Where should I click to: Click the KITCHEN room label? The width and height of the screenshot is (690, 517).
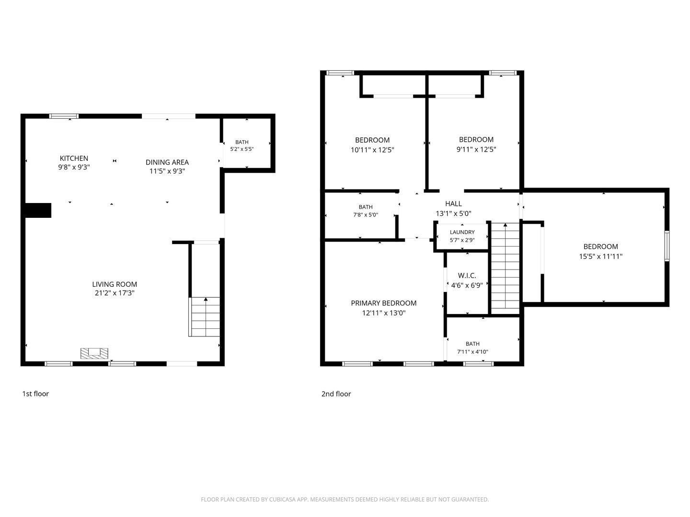coord(74,158)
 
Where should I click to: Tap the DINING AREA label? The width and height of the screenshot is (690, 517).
coord(167,162)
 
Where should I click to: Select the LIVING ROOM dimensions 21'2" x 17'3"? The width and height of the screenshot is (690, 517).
coord(115,293)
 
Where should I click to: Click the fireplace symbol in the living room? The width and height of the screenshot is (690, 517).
coord(94,353)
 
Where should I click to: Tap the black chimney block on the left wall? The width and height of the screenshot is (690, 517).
coord(38,210)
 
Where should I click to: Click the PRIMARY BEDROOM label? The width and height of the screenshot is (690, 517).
coord(383,303)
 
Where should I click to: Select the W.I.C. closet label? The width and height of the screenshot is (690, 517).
coord(467,276)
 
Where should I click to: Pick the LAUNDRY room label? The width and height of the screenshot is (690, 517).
coord(462,232)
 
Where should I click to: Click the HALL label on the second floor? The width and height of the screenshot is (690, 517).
coord(453,204)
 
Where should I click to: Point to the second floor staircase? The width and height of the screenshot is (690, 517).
coord(505,269)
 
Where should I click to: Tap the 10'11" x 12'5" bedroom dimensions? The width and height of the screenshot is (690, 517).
coord(372,150)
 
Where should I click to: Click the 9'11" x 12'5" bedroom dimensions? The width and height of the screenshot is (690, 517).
coord(476,149)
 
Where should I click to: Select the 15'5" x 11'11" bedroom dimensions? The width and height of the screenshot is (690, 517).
coord(601,257)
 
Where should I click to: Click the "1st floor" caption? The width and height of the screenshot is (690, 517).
coord(35,393)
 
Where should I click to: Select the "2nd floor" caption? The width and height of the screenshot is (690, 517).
coord(336,394)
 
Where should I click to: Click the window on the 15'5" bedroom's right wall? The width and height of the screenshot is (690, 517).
coord(667,246)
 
